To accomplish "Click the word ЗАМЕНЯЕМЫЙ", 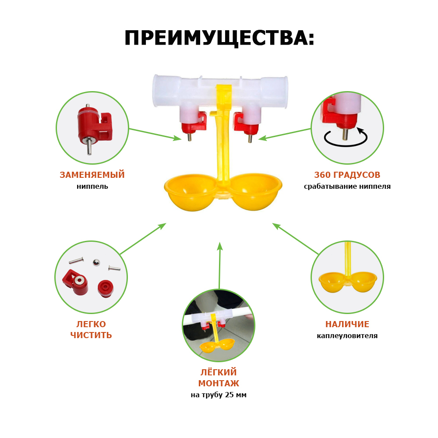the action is [92, 175].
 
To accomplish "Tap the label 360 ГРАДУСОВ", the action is [347, 175].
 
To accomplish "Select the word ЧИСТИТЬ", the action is [91, 335].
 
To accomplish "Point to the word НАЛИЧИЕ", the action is [347, 324].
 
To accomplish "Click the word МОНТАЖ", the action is [219, 383].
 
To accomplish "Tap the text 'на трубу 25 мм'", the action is [219, 395].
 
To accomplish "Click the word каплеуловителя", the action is [347, 336].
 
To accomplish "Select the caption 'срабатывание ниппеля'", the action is [347, 186].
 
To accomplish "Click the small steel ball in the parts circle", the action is [96, 262].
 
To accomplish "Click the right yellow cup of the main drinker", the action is [255, 192].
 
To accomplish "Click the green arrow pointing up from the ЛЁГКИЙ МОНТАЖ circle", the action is [219, 265].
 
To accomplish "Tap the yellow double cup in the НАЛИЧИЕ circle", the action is [348, 282].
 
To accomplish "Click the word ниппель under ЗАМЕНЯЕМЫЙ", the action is [92, 186].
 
